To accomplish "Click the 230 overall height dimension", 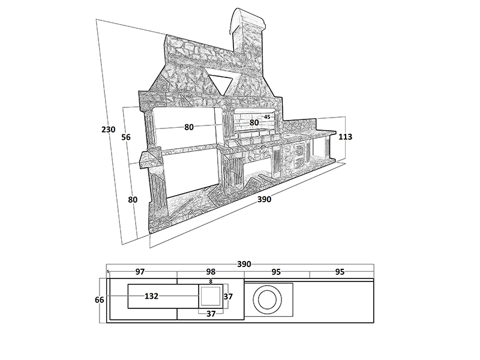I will pos(109,130).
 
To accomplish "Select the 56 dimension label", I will pos(126,137).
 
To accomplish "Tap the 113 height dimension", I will pos(345,137).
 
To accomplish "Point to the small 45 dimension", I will pos(267,116).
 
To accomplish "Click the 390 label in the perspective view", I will pos(264,200).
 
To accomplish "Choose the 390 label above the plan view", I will pos(244,264).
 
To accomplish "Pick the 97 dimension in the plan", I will pos(140,272).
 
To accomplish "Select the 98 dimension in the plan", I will pos(210,272).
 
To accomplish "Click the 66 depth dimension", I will pos(100,299).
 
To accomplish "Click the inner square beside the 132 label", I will pos(211,296).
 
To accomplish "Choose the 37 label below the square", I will pos(211,313).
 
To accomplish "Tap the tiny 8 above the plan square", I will pos(211,281).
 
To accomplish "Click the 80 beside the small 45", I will pos(254,122).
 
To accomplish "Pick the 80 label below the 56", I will pos(133,200).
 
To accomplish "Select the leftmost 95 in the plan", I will pos(276,272).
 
